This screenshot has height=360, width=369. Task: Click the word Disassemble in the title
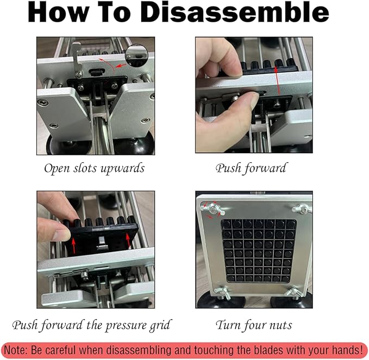[235, 12]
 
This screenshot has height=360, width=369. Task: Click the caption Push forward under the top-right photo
[251, 168]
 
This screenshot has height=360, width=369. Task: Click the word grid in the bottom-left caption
[162, 325]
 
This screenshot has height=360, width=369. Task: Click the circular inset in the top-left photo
[136, 55]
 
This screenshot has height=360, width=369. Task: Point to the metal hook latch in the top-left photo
[77, 59]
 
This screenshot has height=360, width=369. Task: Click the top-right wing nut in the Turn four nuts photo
[301, 209]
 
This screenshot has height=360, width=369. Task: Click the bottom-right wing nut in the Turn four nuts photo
[293, 292]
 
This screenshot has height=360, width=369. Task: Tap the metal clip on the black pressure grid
[102, 243]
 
